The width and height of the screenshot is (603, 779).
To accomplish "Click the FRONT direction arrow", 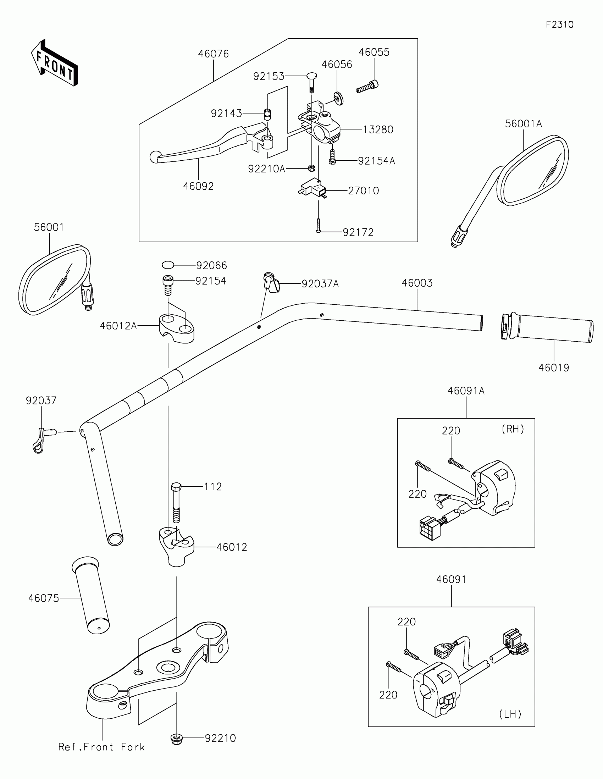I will [54, 63].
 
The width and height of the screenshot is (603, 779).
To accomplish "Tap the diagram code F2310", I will [559, 24].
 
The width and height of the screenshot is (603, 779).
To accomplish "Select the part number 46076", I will [213, 54].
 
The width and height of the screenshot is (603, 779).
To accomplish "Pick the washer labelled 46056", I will [338, 98].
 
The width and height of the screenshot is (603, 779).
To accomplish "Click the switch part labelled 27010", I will [312, 187].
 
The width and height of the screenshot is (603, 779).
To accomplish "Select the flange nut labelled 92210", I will [177, 738].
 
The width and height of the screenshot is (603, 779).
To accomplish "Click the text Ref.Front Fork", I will [102, 747].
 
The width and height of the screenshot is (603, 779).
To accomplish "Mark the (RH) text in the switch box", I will [513, 429].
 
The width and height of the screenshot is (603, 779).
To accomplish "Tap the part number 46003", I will [417, 283].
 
